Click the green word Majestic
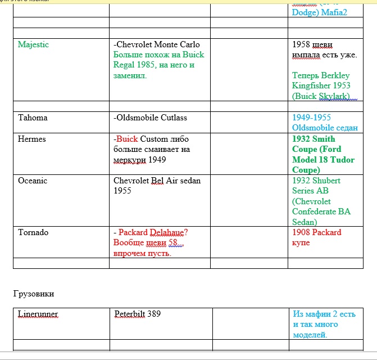[33, 44]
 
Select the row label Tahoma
[33, 118]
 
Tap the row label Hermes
[32, 139]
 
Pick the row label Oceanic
[33, 181]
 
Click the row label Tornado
[33, 232]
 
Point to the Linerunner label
[38, 314]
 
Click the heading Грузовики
[34, 294]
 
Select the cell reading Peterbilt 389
[137, 314]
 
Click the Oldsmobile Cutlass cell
[151, 118]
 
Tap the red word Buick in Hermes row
[127, 139]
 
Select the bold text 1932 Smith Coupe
[314, 144]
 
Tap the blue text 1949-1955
[312, 118]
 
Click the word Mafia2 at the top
[335, 12]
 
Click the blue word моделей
[310, 335]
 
